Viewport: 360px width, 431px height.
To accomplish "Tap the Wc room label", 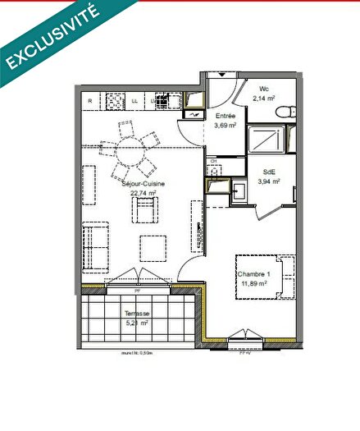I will pos(265,89).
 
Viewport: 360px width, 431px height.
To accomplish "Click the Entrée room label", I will pos(225,117).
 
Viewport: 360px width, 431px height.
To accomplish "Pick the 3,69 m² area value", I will pos(225,126).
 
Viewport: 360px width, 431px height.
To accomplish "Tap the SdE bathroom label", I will pos(268,172).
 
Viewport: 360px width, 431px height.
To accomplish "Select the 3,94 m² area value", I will pos(269,182).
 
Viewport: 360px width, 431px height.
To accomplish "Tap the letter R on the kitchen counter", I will pos(89,101).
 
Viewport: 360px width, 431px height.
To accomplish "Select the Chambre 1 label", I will pos(253,275).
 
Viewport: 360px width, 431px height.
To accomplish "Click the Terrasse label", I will pos(136,314).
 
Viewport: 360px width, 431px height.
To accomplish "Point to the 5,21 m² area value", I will pos(136,324).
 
